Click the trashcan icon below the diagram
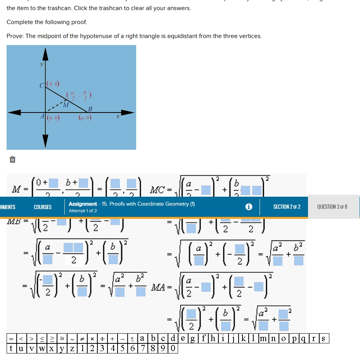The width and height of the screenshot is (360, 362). (12, 159)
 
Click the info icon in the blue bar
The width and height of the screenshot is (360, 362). (249, 207)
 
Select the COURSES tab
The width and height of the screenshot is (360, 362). (43, 207)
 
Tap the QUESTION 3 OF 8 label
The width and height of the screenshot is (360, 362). (332, 207)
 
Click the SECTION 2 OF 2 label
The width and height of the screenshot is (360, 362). (287, 207)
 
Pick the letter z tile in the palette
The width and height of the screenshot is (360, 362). (72, 348)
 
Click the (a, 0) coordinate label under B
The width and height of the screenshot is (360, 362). (85, 118)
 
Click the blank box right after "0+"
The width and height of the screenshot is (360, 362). (54, 182)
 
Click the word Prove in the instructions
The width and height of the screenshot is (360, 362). (15, 36)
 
